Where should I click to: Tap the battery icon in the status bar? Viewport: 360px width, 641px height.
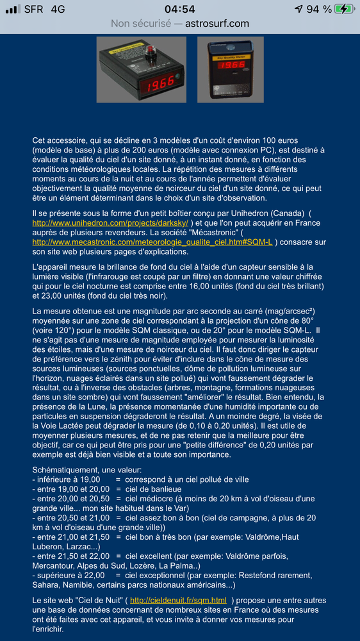(343, 9)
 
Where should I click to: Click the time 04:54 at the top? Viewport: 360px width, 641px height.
(179, 9)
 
